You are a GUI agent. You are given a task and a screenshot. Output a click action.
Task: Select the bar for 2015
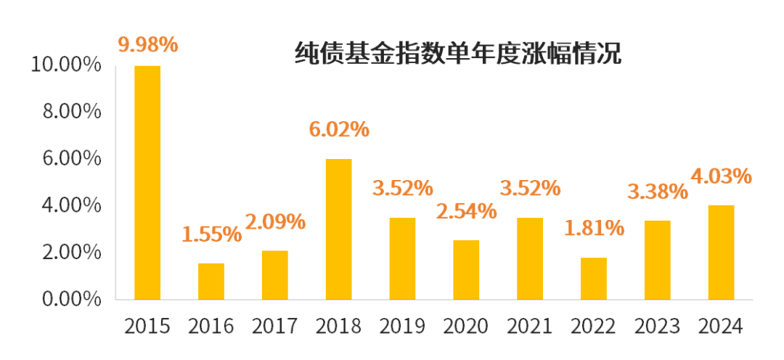(147, 182)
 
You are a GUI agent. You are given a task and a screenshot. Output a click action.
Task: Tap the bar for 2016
(211, 281)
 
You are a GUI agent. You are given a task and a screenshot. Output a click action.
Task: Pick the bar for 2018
(339, 229)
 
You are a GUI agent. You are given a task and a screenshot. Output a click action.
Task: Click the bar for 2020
(466, 269)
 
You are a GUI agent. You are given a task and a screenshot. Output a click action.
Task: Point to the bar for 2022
(594, 278)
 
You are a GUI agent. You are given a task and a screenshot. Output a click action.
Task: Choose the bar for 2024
(721, 252)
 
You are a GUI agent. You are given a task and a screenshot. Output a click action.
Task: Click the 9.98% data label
(147, 44)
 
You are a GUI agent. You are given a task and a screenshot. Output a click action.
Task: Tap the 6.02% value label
(339, 129)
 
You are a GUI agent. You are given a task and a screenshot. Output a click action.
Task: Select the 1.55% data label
(211, 234)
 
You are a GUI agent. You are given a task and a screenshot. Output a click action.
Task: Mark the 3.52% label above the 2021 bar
(530, 188)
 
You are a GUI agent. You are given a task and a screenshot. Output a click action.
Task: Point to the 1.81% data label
(594, 228)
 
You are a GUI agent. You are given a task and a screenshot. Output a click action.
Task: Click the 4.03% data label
(721, 176)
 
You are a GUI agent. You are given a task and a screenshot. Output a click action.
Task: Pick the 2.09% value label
(275, 221)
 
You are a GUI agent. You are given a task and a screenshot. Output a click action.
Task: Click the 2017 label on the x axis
(275, 327)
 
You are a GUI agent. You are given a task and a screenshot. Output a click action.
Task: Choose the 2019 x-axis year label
(402, 327)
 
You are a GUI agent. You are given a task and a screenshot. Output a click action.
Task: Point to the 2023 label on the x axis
(657, 327)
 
